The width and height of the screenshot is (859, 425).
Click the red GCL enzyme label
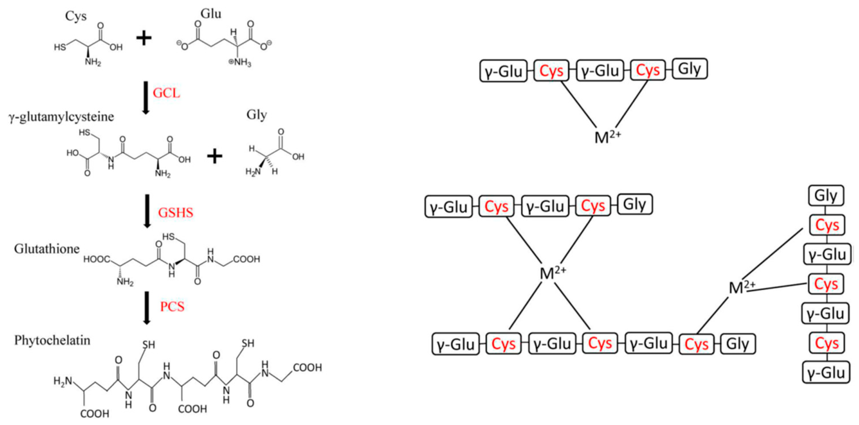pyautogui.click(x=166, y=93)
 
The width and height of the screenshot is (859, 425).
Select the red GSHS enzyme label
pyautogui.click(x=175, y=213)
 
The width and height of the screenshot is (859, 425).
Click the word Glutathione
pyautogui.click(x=47, y=249)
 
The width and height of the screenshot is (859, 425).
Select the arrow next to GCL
pyautogui.click(x=145, y=97)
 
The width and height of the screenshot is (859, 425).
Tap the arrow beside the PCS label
pyautogui.click(x=147, y=307)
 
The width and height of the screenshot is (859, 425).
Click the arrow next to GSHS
pyautogui.click(x=147, y=211)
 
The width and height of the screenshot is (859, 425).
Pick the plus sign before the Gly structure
pyautogui.click(x=215, y=156)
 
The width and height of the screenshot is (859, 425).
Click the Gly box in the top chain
pyautogui.click(x=689, y=69)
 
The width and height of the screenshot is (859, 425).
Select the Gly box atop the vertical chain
pyautogui.click(x=826, y=196)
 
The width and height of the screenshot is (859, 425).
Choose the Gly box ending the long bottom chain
pyautogui.click(x=738, y=344)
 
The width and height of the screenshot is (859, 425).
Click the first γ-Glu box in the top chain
pyautogui.click(x=503, y=71)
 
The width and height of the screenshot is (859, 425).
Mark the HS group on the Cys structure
pyautogui.click(x=60, y=47)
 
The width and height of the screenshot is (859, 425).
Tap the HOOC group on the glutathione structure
pyautogui.click(x=96, y=259)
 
